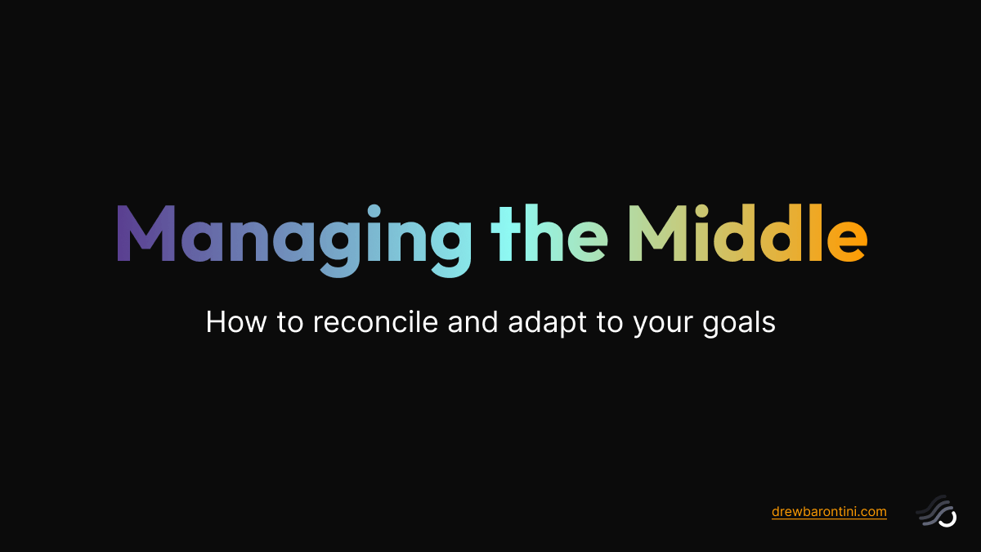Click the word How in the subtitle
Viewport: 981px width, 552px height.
pyautogui.click(x=231, y=322)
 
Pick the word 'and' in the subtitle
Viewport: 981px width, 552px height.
pyautogui.click(x=475, y=322)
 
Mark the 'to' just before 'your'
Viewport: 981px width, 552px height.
pyautogui.click(x=610, y=322)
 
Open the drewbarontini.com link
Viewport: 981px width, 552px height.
pyautogui.click(x=829, y=512)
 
